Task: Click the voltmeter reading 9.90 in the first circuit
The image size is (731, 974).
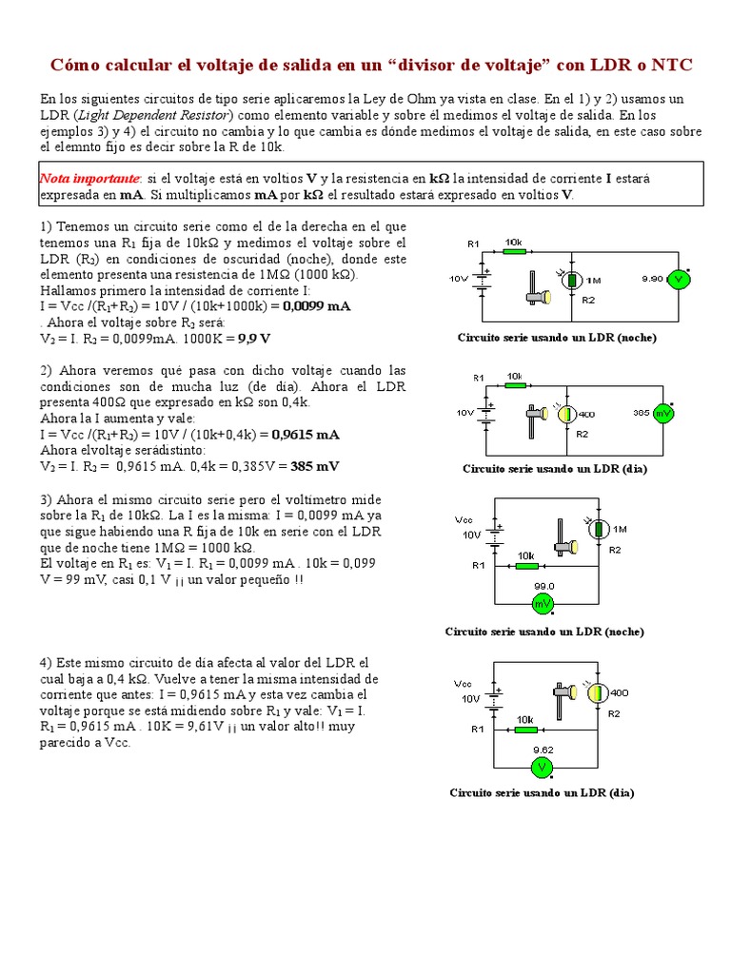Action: click(x=678, y=279)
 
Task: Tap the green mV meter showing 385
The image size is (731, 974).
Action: click(x=664, y=414)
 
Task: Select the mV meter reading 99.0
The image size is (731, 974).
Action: click(x=543, y=603)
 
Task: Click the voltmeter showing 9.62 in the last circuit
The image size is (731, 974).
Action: click(x=543, y=766)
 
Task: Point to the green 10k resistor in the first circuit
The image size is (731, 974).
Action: click(x=514, y=252)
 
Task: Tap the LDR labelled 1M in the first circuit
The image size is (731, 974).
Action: click(x=573, y=280)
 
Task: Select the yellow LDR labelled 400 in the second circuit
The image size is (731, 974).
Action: click(x=568, y=414)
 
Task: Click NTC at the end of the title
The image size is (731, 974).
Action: click(x=672, y=66)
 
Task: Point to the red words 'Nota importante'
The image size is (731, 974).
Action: click(x=89, y=179)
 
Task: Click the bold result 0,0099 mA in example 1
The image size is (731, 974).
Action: click(x=310, y=306)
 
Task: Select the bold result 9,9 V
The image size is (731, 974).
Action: click(x=254, y=338)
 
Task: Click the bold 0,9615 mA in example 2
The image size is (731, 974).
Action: click(x=306, y=435)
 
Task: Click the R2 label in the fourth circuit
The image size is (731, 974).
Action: click(x=614, y=712)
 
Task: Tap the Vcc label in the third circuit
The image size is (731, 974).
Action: click(x=464, y=520)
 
